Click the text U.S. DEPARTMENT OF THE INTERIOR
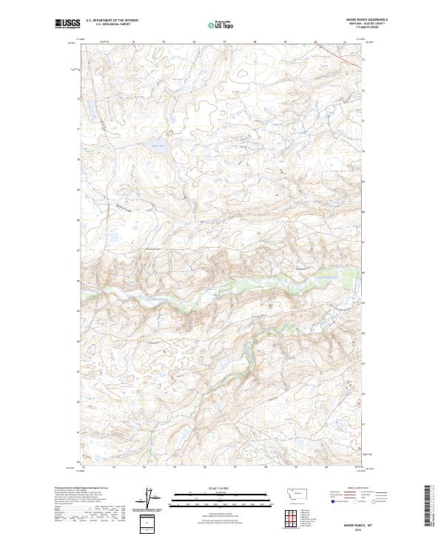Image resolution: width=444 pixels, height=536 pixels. point(112,21)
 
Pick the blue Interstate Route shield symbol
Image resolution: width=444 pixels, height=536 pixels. point(332,501)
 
